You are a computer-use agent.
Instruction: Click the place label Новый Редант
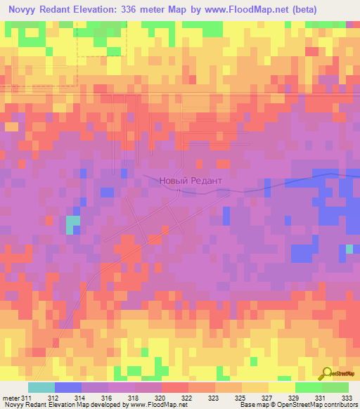coord(191,181)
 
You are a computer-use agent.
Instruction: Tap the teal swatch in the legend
coord(41,388)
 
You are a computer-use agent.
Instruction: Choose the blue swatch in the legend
coord(68,388)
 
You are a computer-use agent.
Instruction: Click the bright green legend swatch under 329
coord(308,388)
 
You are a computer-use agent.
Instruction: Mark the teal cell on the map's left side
coord(72,225)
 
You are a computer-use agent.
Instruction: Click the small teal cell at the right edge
coord(349,249)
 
